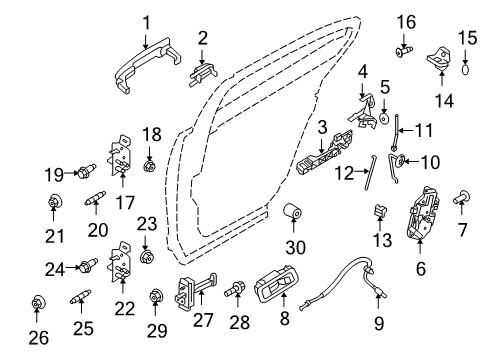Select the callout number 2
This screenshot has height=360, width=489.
[203, 39]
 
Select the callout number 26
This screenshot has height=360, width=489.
[36, 337]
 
